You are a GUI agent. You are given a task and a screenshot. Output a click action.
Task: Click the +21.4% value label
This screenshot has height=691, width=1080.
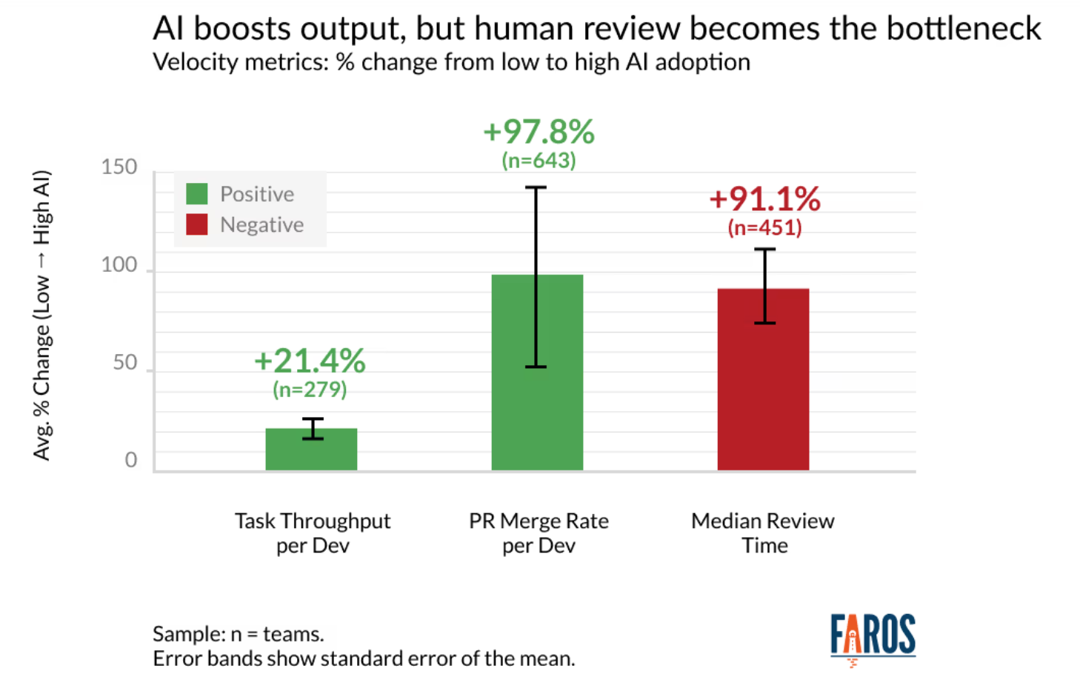310,361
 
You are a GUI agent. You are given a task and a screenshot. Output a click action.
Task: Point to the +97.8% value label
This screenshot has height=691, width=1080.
539,132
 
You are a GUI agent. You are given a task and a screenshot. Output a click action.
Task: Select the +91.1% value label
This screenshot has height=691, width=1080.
764,198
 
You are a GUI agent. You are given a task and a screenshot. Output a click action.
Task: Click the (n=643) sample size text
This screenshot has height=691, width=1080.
539,161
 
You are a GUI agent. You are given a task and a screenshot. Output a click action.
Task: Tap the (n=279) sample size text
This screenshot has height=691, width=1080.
310,390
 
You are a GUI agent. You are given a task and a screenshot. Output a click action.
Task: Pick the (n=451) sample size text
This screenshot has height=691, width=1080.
764,227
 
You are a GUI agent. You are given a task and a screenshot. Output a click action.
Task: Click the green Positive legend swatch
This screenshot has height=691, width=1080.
197,194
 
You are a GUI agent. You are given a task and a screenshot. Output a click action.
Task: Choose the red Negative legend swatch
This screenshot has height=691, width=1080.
197,224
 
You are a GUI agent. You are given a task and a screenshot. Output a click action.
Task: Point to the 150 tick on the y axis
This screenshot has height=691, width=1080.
119,167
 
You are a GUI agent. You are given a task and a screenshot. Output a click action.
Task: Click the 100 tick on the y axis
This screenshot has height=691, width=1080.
119,264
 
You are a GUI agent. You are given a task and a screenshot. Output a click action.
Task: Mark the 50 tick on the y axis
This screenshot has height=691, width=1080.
125,362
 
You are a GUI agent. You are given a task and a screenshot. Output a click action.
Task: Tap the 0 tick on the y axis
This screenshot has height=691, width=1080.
131,460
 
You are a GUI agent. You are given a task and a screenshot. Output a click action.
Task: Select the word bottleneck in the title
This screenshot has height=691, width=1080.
963,29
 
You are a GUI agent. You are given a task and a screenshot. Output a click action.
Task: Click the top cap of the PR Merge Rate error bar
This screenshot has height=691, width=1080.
536,187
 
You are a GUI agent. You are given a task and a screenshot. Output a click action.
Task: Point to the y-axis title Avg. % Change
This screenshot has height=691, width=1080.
41,315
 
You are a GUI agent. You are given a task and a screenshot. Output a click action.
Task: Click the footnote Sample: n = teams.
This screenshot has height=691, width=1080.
238,634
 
